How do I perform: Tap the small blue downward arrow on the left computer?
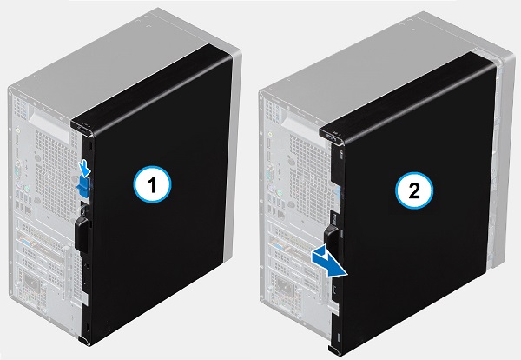coord(83,165)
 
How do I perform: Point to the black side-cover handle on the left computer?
coord(82,227)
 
